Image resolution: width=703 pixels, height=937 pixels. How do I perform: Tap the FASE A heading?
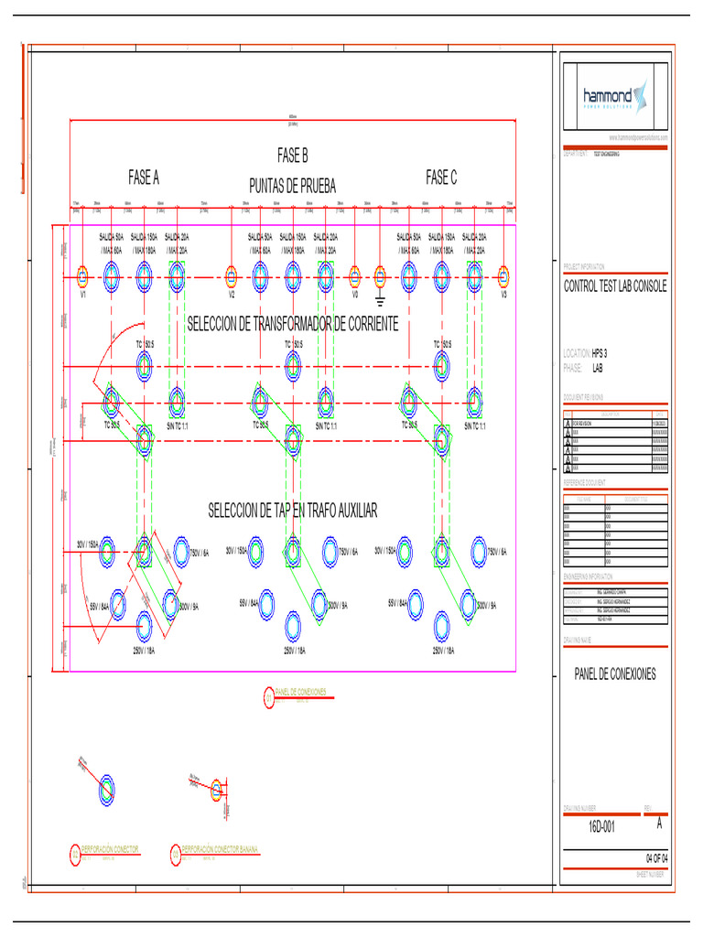point(144,178)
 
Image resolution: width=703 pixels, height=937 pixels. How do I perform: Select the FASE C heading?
point(441,178)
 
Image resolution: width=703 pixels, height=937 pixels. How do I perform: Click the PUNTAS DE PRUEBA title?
point(293,187)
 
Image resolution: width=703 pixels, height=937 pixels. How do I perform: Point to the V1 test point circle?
point(81,276)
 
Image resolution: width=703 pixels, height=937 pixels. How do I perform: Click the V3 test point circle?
point(503,276)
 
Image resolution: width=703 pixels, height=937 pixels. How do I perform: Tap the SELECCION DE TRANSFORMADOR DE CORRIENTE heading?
point(293,324)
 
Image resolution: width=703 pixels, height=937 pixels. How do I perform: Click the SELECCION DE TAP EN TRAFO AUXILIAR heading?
point(293,511)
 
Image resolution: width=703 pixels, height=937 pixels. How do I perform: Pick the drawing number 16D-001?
point(601,826)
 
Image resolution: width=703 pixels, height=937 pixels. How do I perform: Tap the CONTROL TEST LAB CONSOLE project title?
point(615,287)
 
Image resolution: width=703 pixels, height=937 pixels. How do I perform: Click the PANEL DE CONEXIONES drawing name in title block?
point(615,674)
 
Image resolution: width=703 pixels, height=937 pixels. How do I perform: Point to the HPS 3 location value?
point(600,352)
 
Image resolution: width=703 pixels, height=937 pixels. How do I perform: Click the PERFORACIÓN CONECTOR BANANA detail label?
point(220,849)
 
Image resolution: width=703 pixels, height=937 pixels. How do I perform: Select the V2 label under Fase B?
point(232,296)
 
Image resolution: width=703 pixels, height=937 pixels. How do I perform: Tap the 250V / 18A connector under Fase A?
point(144,625)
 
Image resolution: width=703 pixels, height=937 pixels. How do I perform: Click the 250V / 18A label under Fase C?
point(441,651)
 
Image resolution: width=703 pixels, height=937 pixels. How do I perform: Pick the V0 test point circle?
point(354,276)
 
